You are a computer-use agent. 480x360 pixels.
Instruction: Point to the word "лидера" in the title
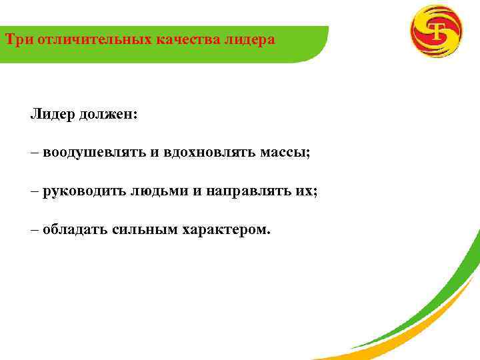pos(251,40)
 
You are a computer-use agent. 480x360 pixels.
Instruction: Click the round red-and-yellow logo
pos(435,31)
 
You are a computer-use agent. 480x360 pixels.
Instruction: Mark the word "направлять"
pos(241,191)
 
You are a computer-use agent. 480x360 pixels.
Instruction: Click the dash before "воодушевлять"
pos(35,153)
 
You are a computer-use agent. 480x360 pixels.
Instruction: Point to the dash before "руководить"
pos(35,191)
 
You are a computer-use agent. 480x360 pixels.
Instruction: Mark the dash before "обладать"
pos(35,230)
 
